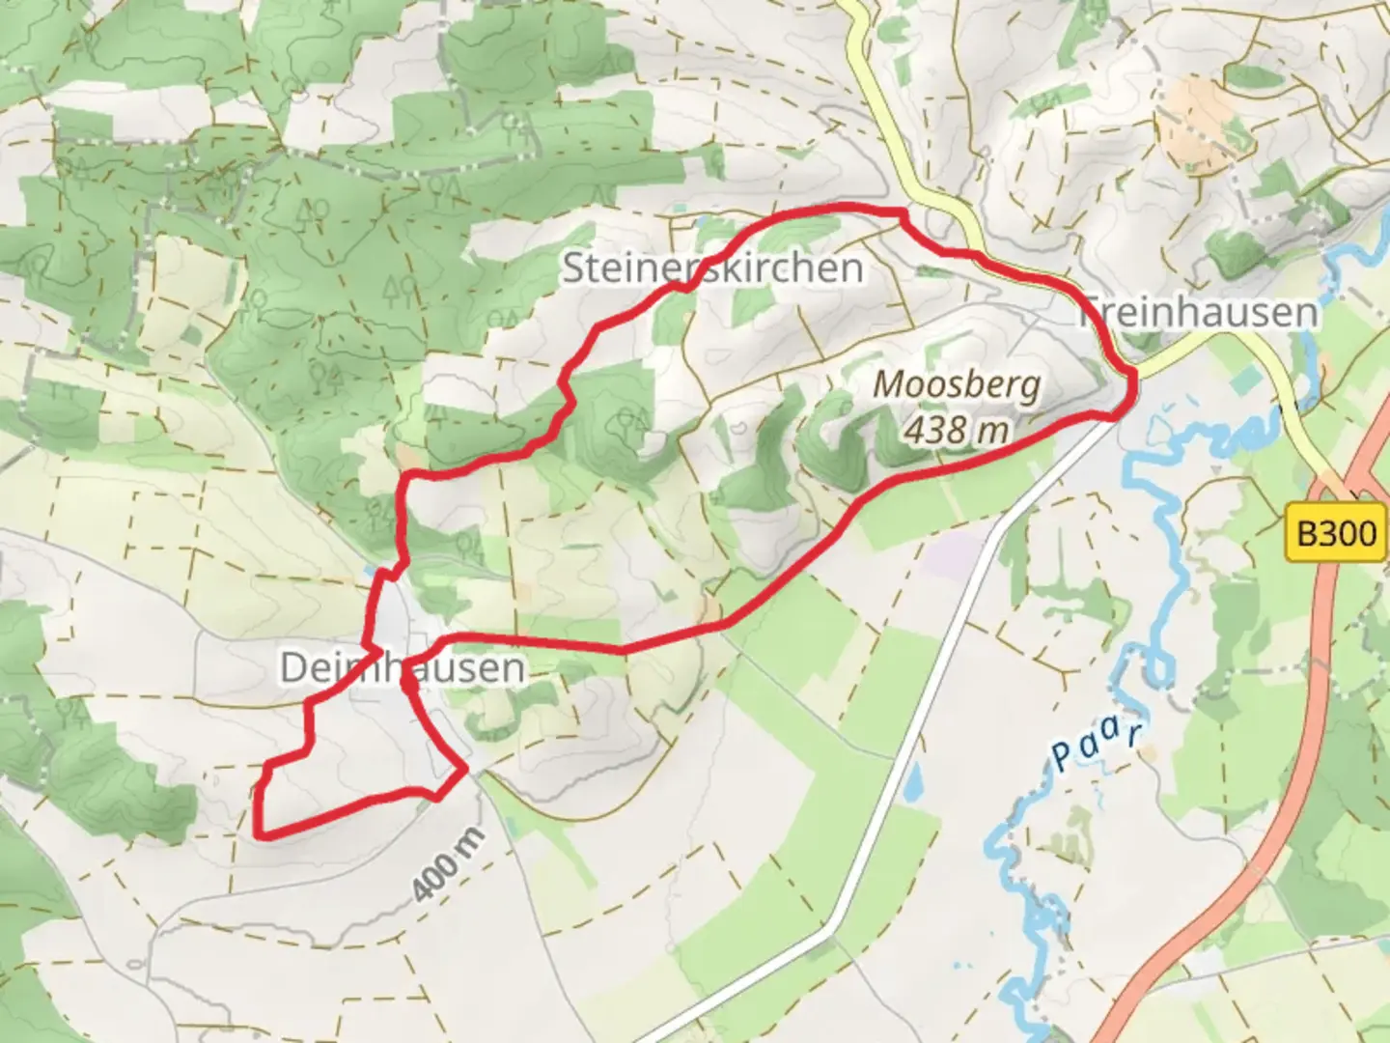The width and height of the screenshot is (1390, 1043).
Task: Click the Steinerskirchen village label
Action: (x=711, y=268)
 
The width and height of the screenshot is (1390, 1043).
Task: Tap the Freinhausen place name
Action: (x=1197, y=312)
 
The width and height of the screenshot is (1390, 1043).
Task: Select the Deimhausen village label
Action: (x=402, y=667)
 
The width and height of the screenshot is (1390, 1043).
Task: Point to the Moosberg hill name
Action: (x=957, y=384)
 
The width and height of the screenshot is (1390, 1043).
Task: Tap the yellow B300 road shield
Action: (x=1336, y=532)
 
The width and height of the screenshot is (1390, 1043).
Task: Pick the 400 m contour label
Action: (x=448, y=863)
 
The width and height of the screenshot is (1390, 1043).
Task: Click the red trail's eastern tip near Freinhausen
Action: (x=1131, y=386)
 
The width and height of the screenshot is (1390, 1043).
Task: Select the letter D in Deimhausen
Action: (x=292, y=667)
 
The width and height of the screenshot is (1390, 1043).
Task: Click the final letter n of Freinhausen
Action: (x=1306, y=313)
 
